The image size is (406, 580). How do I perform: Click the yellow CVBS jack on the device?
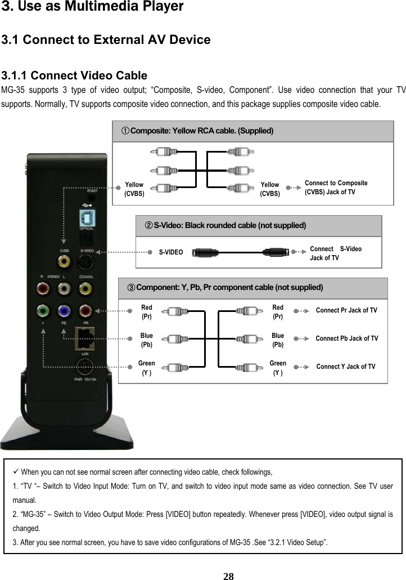65,261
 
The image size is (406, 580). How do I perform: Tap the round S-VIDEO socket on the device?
86,262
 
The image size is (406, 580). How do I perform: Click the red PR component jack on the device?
86,311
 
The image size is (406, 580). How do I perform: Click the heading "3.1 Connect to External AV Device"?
106,40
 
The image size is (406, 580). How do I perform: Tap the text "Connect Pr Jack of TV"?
346,310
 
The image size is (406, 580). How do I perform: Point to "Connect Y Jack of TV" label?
346,367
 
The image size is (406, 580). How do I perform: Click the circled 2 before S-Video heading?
148,225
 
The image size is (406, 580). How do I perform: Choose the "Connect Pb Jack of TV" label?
346,338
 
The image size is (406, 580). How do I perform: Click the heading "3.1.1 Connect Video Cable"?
75,75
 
